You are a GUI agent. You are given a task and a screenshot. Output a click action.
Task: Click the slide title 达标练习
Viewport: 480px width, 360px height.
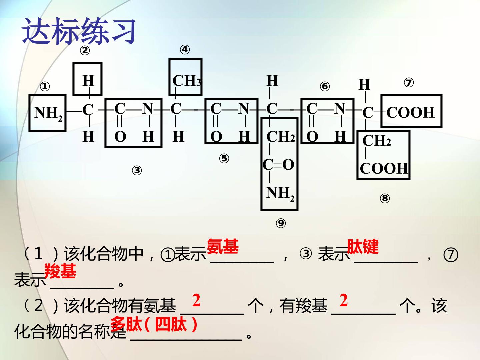[x=79, y=31]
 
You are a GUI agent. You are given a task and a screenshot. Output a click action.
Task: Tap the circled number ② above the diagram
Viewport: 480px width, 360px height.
[x=85, y=51]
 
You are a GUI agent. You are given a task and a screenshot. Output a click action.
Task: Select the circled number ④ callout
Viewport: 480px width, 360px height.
[x=185, y=50]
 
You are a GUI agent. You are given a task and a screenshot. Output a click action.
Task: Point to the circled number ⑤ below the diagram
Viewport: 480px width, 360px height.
[x=224, y=158]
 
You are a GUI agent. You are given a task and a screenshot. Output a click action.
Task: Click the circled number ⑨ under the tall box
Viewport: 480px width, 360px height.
[x=281, y=223]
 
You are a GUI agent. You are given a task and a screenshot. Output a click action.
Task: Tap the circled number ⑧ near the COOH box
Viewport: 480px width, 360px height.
[x=385, y=198]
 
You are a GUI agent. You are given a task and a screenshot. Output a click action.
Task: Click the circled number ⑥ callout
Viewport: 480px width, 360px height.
[x=325, y=86]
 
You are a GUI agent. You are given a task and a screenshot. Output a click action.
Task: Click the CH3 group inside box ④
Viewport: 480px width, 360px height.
[x=187, y=81]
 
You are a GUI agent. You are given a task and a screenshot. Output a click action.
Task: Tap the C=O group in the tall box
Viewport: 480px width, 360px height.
[x=278, y=165]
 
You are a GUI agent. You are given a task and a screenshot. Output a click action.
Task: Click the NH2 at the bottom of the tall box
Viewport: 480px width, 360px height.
[x=280, y=194]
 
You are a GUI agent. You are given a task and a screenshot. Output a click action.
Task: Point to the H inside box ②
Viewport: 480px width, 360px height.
[x=88, y=81]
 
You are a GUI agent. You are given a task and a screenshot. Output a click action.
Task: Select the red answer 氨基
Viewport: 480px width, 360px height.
[x=223, y=246]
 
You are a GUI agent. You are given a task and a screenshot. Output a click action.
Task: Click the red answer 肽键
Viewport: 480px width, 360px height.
[x=363, y=246]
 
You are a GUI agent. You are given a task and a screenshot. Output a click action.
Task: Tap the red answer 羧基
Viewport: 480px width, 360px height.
[x=60, y=271]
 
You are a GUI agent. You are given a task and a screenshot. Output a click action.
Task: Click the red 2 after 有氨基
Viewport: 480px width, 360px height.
[x=196, y=300]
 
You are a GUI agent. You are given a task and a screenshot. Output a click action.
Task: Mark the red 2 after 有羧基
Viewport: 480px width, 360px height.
[x=344, y=300]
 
